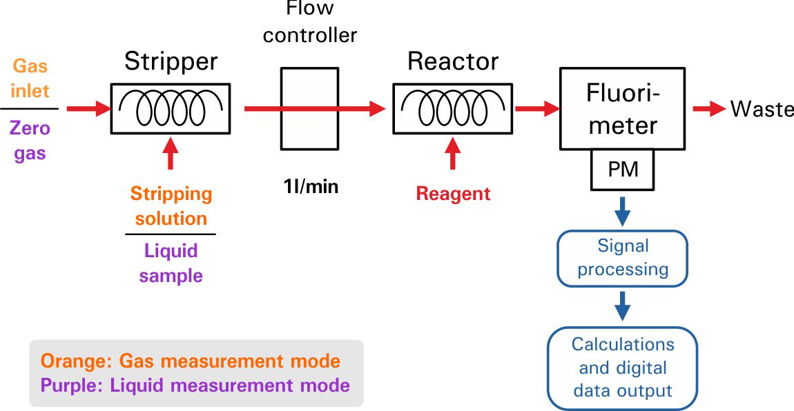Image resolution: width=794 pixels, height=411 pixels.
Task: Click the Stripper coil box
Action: click(x=171, y=108)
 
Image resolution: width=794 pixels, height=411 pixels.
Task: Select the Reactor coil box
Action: click(x=452, y=108)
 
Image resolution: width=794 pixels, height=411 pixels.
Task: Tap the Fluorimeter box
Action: click(x=622, y=108)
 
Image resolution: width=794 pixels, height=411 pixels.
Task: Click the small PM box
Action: click(x=622, y=170)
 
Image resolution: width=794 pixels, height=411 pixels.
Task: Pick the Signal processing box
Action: click(x=623, y=258)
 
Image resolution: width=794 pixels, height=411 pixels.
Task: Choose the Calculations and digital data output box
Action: click(x=622, y=368)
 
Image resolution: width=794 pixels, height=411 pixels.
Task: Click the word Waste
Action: click(x=762, y=109)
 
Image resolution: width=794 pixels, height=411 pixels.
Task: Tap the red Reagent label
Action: click(x=453, y=194)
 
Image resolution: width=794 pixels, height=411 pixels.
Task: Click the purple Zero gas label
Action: click(x=32, y=140)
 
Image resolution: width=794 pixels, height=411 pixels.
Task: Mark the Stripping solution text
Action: click(x=171, y=205)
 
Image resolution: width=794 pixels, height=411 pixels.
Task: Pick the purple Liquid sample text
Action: click(x=171, y=263)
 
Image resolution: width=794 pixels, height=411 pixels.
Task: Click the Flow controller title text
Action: click(x=309, y=21)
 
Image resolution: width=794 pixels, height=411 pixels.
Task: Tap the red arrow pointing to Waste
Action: click(x=708, y=109)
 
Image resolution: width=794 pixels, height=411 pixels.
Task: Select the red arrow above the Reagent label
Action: click(x=453, y=153)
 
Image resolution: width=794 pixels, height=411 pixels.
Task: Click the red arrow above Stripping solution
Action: click(x=171, y=153)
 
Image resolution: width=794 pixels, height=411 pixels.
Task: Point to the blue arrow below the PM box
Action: click(x=623, y=210)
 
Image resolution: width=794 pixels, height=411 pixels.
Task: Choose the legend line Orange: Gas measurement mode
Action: click(x=191, y=361)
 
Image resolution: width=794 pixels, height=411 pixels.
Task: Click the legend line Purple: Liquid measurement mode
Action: click(x=195, y=385)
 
